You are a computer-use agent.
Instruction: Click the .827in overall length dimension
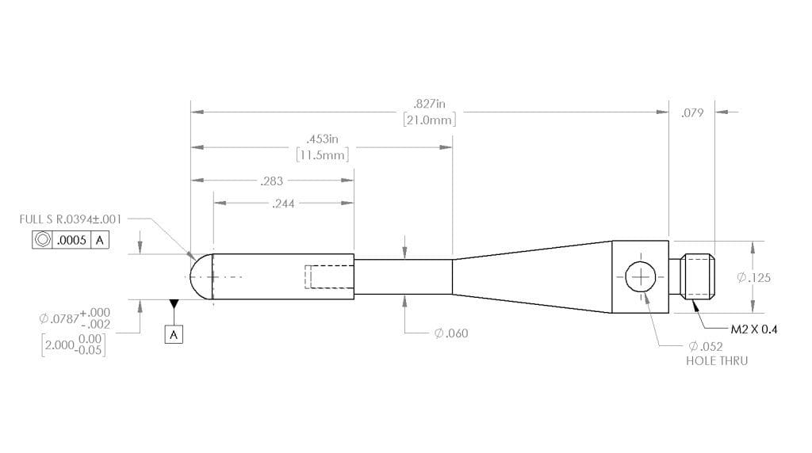[x=429, y=104]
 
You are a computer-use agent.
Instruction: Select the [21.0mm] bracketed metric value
[x=429, y=120]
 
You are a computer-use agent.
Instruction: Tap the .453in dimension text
[x=321, y=139]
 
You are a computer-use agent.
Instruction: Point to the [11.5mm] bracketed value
[x=321, y=155]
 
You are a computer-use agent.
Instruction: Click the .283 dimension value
[x=271, y=181]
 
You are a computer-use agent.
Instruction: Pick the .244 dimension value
[x=283, y=204]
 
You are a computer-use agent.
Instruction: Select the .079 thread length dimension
[x=692, y=113]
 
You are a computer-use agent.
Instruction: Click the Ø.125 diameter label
[x=753, y=278]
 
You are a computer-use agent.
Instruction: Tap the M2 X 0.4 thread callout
[x=753, y=329]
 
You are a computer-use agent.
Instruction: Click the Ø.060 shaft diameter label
[x=451, y=333]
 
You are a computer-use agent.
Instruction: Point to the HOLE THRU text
[x=716, y=360]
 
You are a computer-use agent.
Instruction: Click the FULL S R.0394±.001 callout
[x=71, y=219]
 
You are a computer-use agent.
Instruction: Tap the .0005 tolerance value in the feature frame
[x=72, y=240]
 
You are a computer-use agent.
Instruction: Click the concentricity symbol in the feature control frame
[x=42, y=240]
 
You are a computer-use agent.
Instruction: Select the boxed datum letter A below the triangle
[x=174, y=335]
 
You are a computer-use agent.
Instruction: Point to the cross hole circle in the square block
[x=640, y=278]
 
